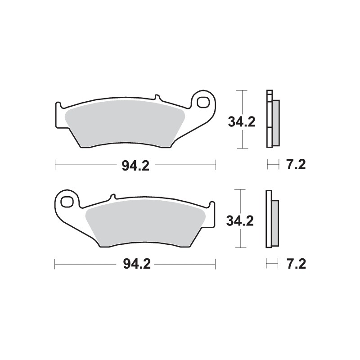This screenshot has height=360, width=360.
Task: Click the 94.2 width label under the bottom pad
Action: coord(135,264)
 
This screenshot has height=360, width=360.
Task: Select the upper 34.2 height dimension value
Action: coord(242,121)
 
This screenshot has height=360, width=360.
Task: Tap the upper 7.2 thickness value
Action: coord(296,165)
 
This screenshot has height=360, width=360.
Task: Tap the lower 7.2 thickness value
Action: coord(296,264)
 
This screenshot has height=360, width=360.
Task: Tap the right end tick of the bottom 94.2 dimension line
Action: coord(216,264)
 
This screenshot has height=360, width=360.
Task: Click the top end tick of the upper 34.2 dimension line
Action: coord(242,90)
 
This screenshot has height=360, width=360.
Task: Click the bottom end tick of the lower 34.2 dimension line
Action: coord(242,247)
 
